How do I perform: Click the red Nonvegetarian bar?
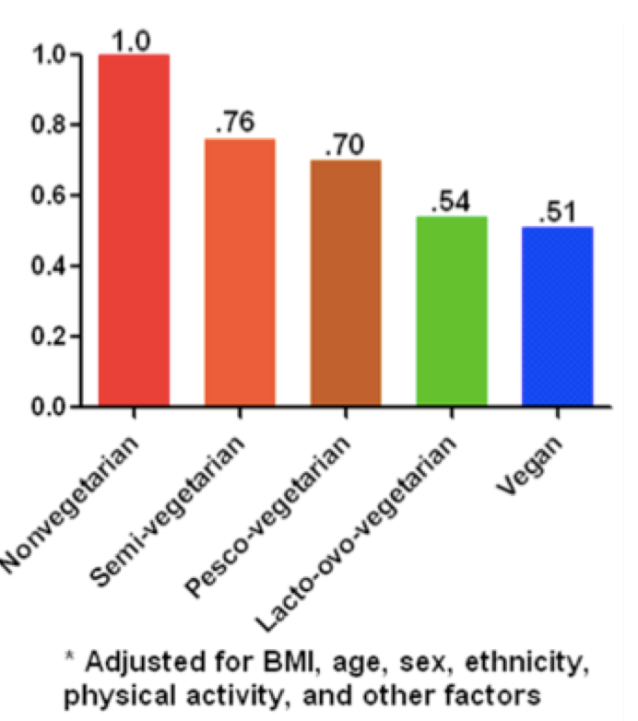click(134, 230)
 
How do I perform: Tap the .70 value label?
click(344, 146)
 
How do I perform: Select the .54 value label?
click(450, 203)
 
